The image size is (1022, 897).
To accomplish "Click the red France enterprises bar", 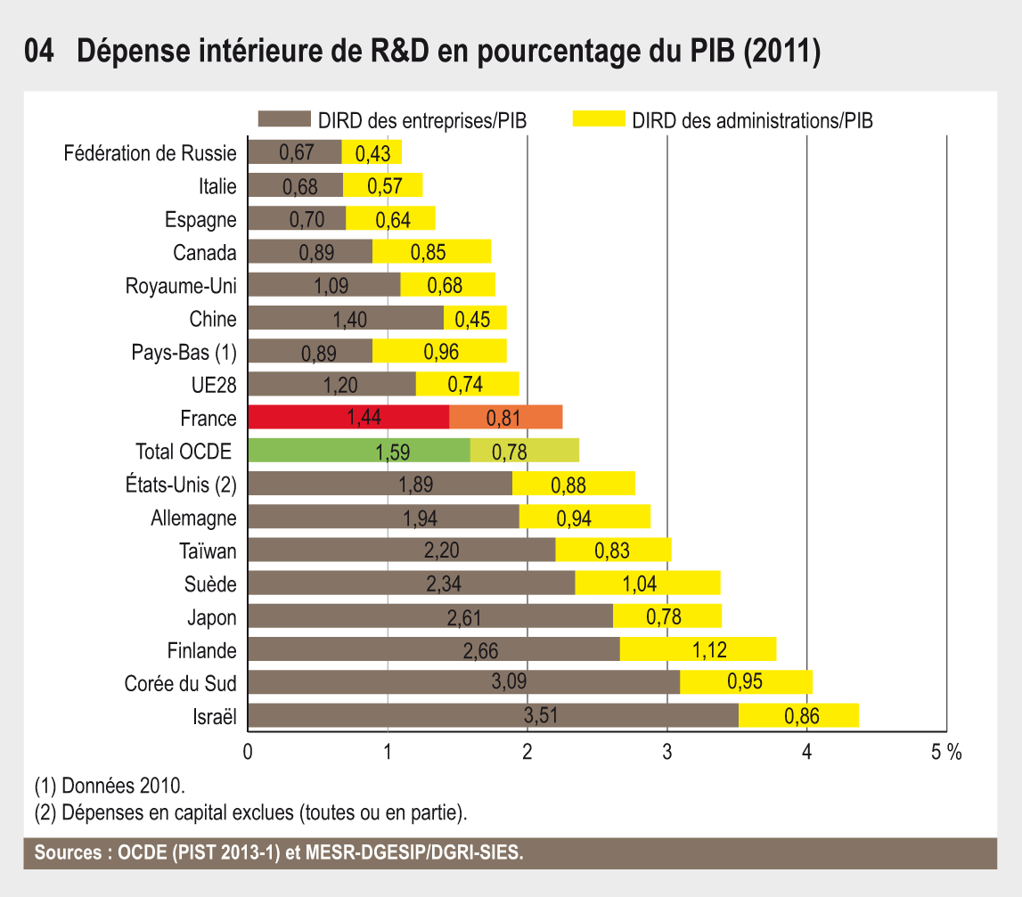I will [347, 417].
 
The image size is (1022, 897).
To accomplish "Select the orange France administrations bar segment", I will [506, 417].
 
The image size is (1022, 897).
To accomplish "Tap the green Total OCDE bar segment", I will [358, 450].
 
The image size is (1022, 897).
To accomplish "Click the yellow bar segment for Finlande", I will [698, 649].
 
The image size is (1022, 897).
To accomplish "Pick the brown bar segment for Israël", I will [493, 715].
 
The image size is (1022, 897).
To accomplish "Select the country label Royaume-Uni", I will [182, 286].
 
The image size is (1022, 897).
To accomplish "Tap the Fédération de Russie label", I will [151, 153].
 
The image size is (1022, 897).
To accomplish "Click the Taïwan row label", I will [208, 551].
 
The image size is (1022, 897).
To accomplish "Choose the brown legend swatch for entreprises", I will [283, 120].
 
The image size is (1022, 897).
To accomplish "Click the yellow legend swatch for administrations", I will [598, 120].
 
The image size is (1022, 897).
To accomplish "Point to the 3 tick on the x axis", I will [667, 752].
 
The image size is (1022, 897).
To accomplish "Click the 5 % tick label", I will [947, 752].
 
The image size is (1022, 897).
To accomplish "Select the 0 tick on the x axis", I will [248, 752].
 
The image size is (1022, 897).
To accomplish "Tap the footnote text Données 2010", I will [110, 787].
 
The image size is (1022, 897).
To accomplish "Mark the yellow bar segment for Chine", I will [475, 318].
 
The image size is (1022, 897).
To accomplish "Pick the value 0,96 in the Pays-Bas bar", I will [442, 352].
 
